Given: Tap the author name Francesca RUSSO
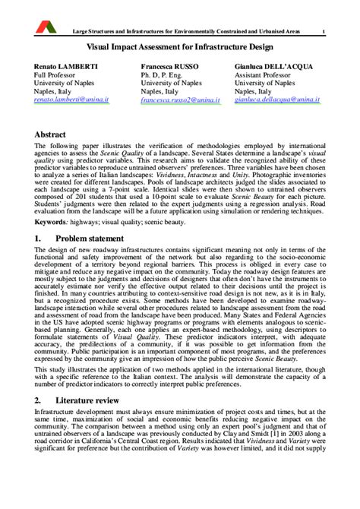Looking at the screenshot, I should (169, 67).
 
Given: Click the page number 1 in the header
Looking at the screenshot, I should (324, 31).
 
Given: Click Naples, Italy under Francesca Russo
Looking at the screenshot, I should (162, 88).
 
